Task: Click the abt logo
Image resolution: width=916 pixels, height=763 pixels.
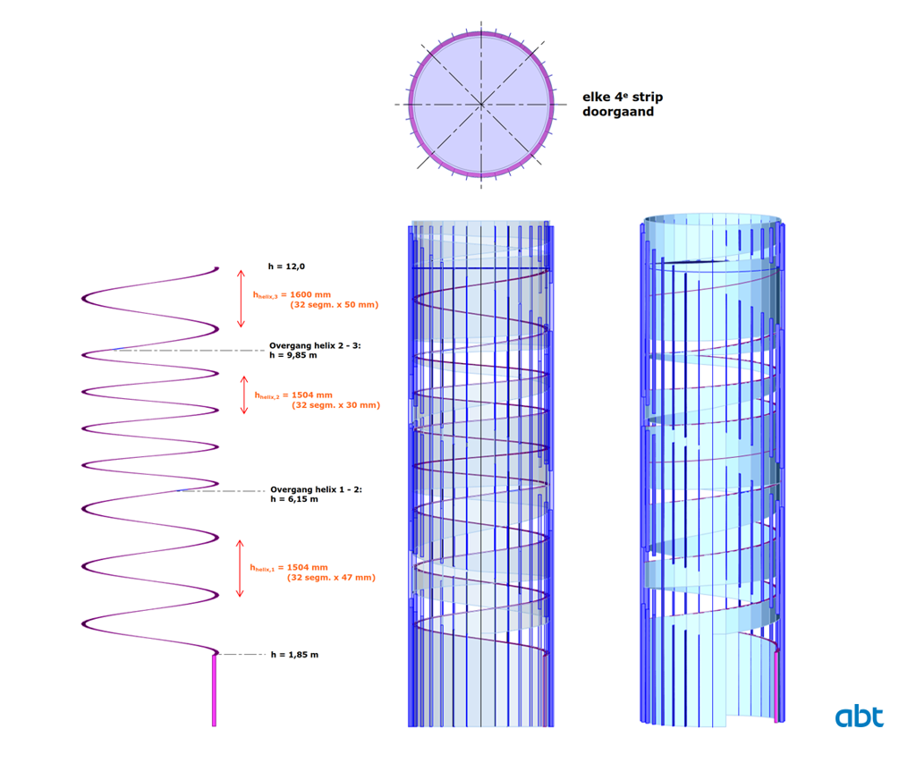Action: pyautogui.click(x=859, y=716)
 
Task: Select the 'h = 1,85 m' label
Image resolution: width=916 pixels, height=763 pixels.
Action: pyautogui.click(x=294, y=655)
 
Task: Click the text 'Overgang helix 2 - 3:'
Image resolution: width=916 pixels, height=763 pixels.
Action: pyautogui.click(x=314, y=344)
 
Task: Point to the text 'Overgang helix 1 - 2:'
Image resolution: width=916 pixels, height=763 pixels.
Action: pyautogui.click(x=316, y=489)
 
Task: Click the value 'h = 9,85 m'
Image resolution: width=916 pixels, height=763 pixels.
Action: pyautogui.click(x=294, y=354)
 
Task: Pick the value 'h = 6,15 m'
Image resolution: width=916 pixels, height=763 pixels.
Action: pyautogui.click(x=293, y=499)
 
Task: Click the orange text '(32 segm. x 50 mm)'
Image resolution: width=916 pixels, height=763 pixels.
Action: pyautogui.click(x=334, y=305)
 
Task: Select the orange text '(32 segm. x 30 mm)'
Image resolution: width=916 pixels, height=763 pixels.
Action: pyautogui.click(x=335, y=405)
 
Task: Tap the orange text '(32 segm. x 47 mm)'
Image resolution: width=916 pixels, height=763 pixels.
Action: pyautogui.click(x=331, y=578)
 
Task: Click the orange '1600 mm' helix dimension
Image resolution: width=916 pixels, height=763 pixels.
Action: pyautogui.click(x=316, y=294)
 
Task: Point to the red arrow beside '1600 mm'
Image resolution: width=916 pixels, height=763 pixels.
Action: pyautogui.click(x=240, y=298)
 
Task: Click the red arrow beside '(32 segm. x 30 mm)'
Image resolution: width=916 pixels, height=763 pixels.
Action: pyautogui.click(x=244, y=394)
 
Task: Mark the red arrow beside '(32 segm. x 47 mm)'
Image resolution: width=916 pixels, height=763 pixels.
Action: pyautogui.click(x=239, y=568)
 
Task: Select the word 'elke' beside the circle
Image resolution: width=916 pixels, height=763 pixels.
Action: pyautogui.click(x=596, y=97)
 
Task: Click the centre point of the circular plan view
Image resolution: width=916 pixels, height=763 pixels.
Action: pyautogui.click(x=481, y=105)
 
